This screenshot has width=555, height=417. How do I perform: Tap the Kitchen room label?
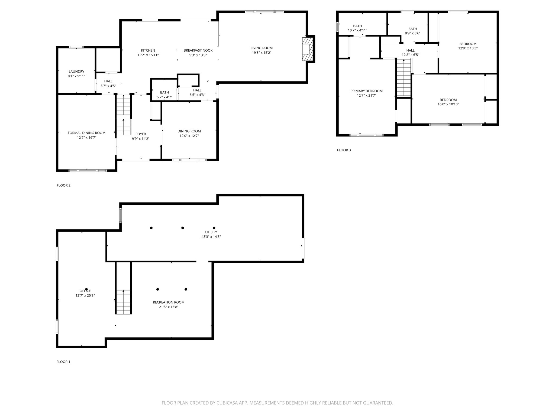pos(148,50)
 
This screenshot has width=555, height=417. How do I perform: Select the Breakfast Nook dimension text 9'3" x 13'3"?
pos(198,55)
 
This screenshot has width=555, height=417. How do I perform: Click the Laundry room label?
pos(76,72)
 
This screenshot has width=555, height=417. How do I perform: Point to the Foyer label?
pos(141,134)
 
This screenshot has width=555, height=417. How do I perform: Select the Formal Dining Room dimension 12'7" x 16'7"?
pos(86,138)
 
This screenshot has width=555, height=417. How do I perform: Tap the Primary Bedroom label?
pos(366,91)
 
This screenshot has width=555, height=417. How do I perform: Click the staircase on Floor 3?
pos(404,78)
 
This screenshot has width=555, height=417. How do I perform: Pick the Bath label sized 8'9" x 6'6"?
pos(412,29)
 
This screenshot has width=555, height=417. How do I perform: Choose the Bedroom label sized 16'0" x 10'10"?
pos(448,100)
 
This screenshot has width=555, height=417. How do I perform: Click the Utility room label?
pos(211,232)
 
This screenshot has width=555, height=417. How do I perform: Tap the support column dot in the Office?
pos(86,289)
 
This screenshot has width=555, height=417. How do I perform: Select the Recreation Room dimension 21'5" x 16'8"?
pos(169,307)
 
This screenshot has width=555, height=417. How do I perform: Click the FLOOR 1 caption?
pos(63,362)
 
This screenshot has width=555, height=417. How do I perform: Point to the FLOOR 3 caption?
pos(344,150)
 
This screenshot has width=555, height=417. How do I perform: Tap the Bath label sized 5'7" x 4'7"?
pos(164,93)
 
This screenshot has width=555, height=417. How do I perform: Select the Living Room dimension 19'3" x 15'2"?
pos(262,53)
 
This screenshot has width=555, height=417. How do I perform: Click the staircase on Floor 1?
pos(124,301)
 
